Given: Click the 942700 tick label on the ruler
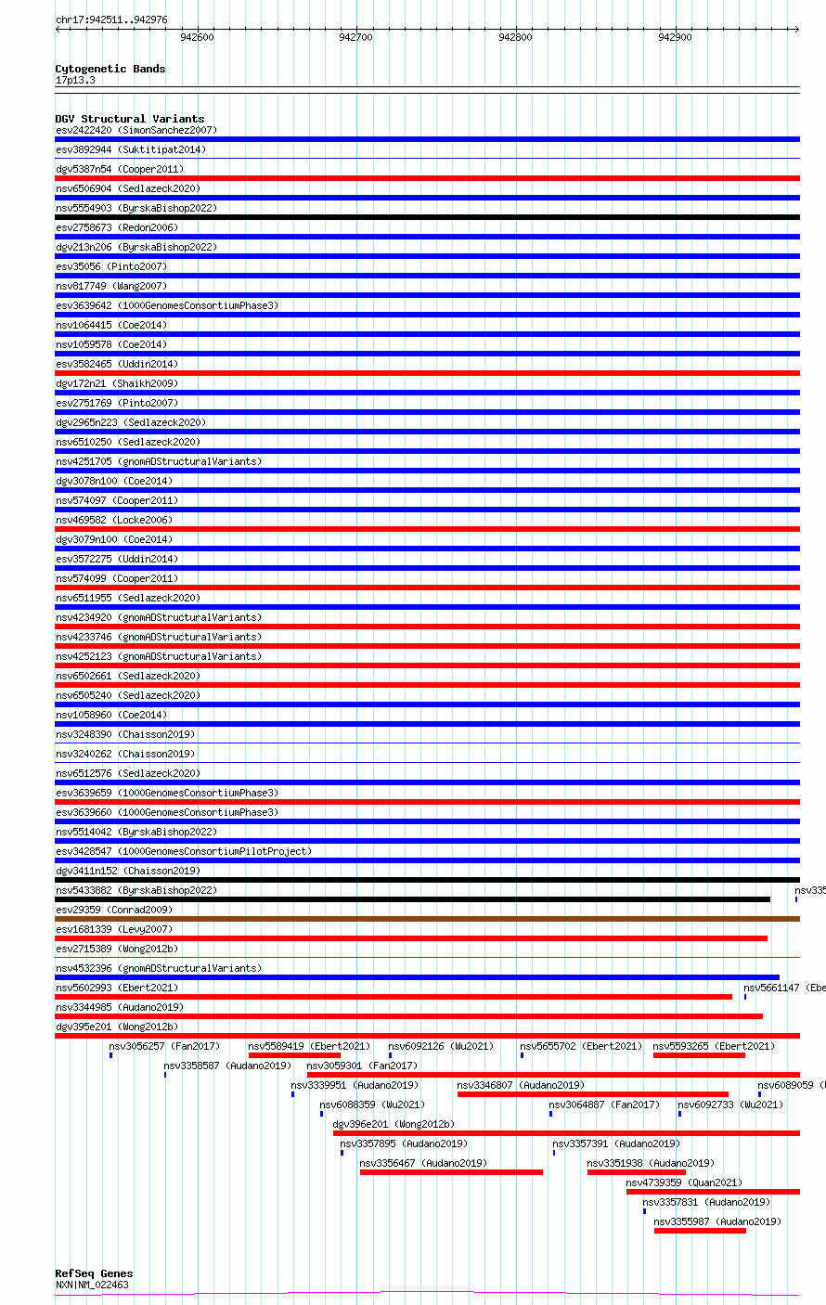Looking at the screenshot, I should [x=355, y=37].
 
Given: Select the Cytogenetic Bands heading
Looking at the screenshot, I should [x=110, y=69].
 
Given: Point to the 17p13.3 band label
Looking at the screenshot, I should [x=74, y=80].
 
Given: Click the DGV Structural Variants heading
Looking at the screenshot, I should [x=129, y=119].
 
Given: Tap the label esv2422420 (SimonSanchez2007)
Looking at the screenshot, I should [x=136, y=130].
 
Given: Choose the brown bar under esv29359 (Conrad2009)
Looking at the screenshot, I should [x=427, y=919].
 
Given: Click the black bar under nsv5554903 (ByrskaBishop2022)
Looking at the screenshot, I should [x=427, y=217].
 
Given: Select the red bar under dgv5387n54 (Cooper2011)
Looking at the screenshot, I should [x=427, y=178].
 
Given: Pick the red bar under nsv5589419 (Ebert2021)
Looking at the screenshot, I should [x=294, y=1055].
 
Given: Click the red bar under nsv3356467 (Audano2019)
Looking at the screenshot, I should [x=451, y=1172].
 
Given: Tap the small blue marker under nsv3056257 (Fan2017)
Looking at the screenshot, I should [x=111, y=1055].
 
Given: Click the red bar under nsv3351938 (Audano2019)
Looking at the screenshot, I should [x=636, y=1172].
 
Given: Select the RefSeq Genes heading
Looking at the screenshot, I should [x=94, y=1273].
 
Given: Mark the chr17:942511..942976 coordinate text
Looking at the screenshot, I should [x=111, y=19].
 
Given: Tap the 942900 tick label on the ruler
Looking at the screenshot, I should [x=675, y=37].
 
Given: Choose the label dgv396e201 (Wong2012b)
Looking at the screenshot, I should [x=394, y=1124].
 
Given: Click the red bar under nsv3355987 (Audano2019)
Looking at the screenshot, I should [x=700, y=1231].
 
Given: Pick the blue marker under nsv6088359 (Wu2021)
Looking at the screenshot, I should [x=322, y=1114].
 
